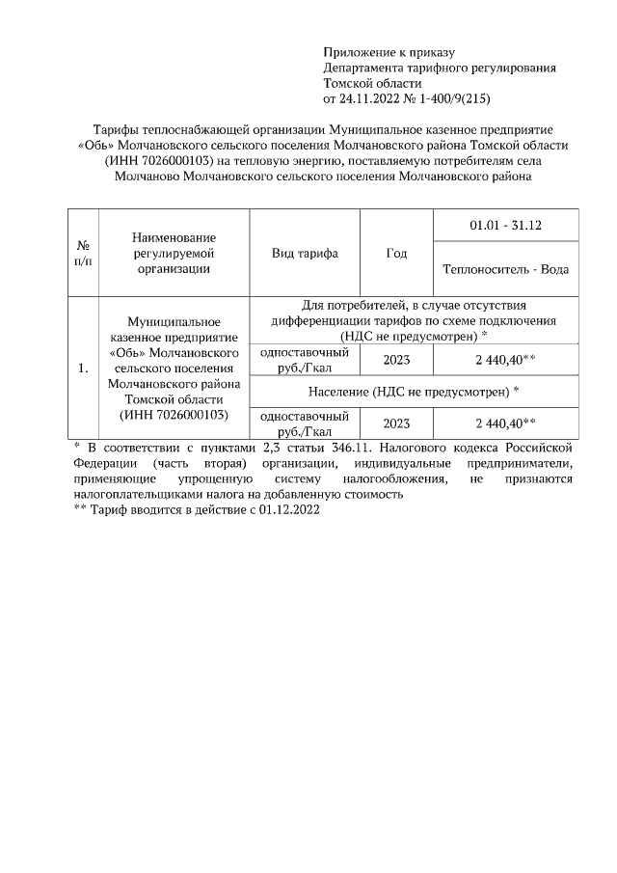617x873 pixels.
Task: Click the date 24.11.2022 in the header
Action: point(371,98)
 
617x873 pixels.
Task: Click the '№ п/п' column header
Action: point(84,253)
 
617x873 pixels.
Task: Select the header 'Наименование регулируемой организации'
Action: point(174,253)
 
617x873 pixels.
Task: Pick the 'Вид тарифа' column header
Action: point(305,253)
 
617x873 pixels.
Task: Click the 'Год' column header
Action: point(396,253)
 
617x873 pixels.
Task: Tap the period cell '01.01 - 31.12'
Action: point(506,226)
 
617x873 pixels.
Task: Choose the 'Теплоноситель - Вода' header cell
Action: point(506,269)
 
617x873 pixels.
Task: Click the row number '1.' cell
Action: point(84,368)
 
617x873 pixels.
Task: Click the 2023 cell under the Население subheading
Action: point(396,423)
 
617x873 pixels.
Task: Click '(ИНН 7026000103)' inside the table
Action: point(174,415)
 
